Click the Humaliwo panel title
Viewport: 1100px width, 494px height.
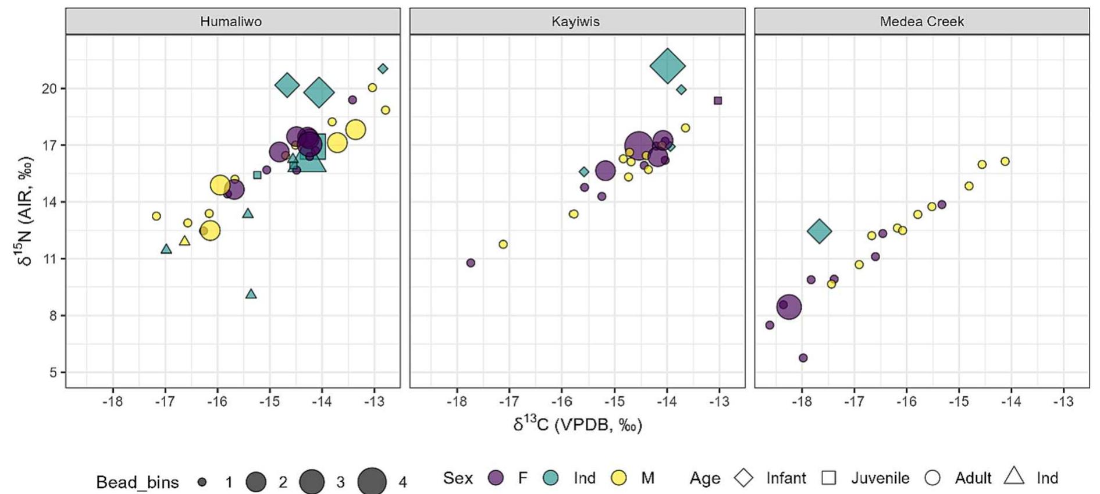point(231,22)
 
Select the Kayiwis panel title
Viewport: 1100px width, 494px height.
point(575,22)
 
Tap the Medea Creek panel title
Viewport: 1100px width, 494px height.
point(921,22)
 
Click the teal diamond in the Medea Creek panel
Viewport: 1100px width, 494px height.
point(820,231)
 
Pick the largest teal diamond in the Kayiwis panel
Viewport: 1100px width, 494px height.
point(667,66)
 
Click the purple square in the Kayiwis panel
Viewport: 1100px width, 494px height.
point(718,101)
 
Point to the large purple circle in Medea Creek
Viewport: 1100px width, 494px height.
point(789,307)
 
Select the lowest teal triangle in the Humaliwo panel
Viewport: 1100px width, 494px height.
point(251,294)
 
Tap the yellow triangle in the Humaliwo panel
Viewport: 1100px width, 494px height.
point(184,240)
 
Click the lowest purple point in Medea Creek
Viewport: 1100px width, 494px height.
point(803,358)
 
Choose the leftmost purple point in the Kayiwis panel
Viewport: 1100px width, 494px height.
point(471,263)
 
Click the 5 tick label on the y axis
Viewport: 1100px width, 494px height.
point(53,372)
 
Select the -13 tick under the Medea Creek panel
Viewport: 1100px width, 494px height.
point(1063,401)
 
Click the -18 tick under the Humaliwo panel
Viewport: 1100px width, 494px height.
point(112,401)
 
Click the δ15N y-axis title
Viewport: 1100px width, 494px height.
point(25,211)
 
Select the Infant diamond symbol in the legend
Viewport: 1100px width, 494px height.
point(743,478)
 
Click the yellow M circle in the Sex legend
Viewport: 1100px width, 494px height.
point(619,478)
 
